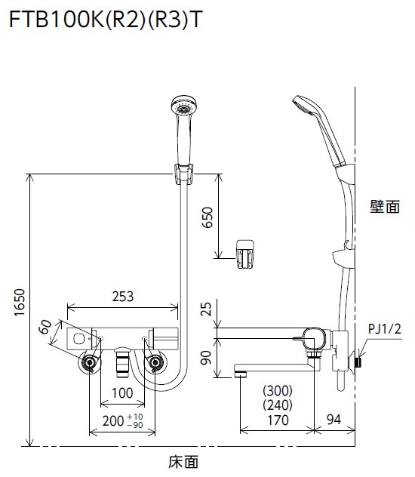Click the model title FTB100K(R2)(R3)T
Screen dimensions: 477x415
point(105,20)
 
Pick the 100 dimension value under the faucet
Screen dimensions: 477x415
point(121,393)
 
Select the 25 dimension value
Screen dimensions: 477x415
point(207,309)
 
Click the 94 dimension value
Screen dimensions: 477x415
point(334,421)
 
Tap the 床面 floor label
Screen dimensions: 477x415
point(184,460)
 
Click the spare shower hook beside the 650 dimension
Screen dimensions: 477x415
point(245,251)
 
